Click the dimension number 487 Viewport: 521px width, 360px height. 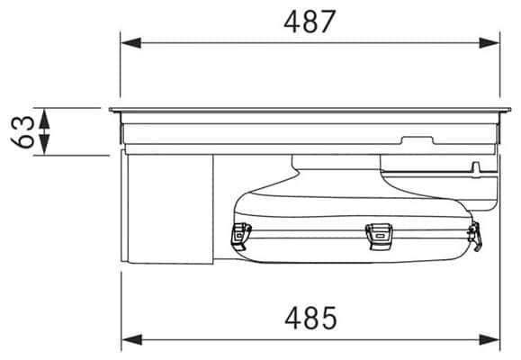pyautogui.click(x=310, y=22)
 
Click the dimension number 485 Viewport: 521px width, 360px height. pyautogui.click(x=310, y=318)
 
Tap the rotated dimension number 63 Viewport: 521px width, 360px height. pyautogui.click(x=22, y=132)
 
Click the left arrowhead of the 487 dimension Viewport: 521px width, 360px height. pyautogui.click(x=130, y=43)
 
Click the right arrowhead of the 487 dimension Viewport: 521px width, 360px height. pyautogui.click(x=490, y=43)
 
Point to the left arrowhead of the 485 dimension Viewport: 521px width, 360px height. pyautogui.click(x=132, y=339)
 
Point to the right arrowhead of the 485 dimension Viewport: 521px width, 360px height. pyautogui.click(x=490, y=339)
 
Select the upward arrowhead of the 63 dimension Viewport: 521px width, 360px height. pyautogui.click(x=44, y=119)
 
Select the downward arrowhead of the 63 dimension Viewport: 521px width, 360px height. pyautogui.click(x=44, y=145)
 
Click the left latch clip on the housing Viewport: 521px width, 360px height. pyautogui.click(x=241, y=237)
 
